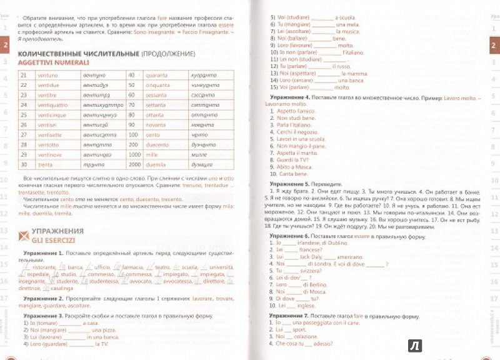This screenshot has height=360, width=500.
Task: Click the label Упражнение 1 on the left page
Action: point(42,254)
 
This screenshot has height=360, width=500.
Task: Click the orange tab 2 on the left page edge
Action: point(6,46)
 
